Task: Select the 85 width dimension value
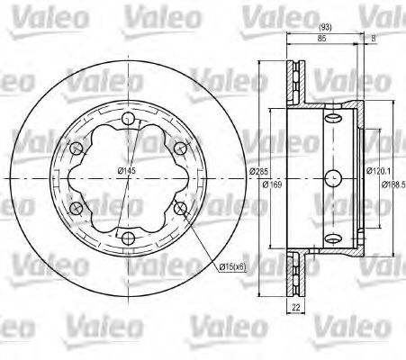[x=322, y=38]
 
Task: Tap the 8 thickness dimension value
[x=373, y=38]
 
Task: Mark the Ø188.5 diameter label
[x=393, y=184]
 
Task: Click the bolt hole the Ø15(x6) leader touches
[x=183, y=209]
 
